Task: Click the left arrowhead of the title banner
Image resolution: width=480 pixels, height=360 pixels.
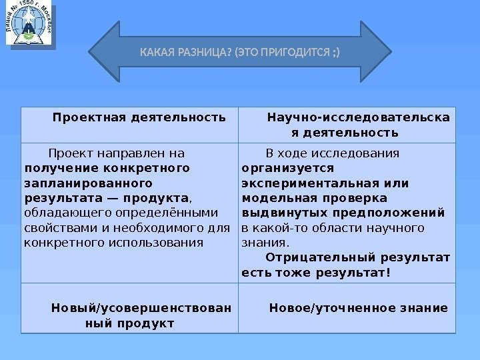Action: (x=103, y=51)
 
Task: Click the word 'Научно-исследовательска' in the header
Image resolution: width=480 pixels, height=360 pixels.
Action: (x=358, y=118)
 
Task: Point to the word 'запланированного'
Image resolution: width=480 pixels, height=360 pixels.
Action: (x=87, y=181)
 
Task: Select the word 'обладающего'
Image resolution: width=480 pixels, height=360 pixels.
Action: (x=59, y=213)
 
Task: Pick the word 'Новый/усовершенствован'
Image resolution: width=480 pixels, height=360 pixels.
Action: (x=141, y=308)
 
